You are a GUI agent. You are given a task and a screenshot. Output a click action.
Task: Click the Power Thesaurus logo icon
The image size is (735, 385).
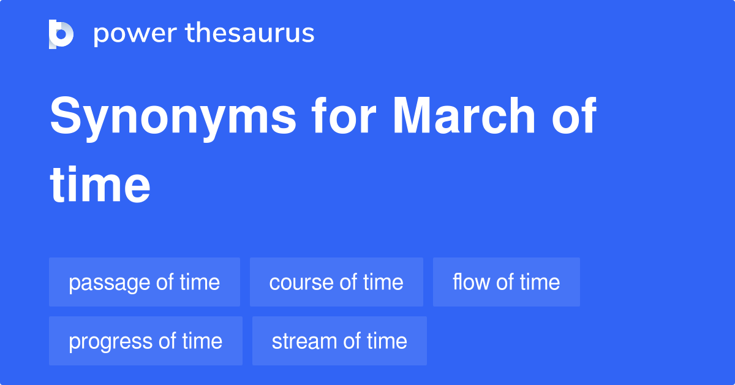(x=61, y=34)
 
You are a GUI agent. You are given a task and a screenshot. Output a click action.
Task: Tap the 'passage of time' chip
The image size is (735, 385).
(x=145, y=282)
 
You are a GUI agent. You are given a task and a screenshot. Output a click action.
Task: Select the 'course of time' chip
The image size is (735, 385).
(x=336, y=282)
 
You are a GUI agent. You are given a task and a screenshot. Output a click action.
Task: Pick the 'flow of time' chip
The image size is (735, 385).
(x=506, y=282)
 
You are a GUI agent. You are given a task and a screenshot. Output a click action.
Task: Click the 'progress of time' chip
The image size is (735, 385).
(x=146, y=341)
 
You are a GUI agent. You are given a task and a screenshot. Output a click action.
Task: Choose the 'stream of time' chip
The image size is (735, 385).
(x=339, y=341)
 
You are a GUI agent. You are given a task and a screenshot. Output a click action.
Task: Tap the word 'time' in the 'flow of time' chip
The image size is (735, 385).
(x=540, y=282)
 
